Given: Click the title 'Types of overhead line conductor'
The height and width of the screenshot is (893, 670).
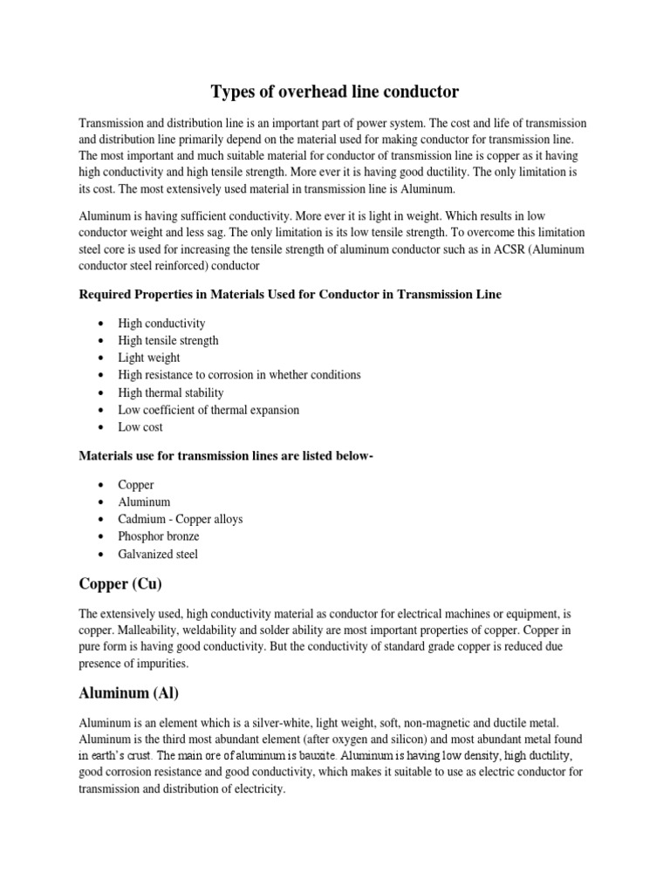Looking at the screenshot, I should coord(334,91).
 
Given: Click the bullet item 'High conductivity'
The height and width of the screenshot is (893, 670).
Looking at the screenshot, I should coord(161,323).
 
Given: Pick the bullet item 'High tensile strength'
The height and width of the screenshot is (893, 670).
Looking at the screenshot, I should coord(168,340).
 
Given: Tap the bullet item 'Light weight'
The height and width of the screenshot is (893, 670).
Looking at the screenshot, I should coord(149,358).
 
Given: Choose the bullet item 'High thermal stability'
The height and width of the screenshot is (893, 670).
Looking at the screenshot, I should coord(171,392).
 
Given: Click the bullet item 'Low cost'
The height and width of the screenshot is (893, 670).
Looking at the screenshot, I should coord(140,427).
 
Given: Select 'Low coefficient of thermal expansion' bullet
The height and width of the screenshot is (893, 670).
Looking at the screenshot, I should coord(209,410).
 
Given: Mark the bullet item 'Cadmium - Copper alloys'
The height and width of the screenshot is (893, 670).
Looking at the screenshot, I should coord(181,519).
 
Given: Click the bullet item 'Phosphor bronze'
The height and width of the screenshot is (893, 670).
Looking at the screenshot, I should coord(159,536).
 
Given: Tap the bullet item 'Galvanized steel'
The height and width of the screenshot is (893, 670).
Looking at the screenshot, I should coord(159,554).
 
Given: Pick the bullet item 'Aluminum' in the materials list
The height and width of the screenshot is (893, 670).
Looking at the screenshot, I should coord(145,501).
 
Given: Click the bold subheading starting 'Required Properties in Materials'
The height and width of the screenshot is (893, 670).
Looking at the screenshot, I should coord(290,295).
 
